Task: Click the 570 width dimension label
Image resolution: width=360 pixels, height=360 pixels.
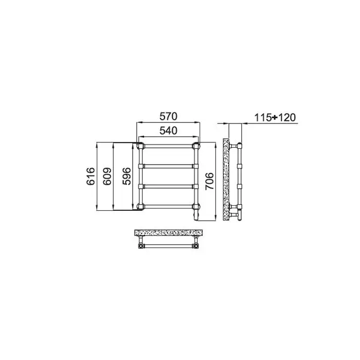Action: (168, 116)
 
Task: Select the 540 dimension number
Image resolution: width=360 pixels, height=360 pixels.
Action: (168, 131)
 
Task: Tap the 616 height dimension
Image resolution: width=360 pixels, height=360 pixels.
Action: (91, 176)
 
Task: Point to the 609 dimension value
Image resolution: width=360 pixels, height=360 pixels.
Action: (107, 176)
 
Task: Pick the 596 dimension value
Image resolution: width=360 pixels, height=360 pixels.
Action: (127, 176)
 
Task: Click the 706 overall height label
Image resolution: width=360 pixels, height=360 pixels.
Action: (209, 181)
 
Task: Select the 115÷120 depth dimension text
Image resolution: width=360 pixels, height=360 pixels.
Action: (275, 118)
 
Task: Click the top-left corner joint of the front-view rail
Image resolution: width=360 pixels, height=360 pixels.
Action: (140, 146)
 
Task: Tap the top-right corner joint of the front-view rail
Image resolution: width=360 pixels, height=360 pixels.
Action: (196, 146)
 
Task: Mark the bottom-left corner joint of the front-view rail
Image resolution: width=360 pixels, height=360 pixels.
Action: (140, 207)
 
